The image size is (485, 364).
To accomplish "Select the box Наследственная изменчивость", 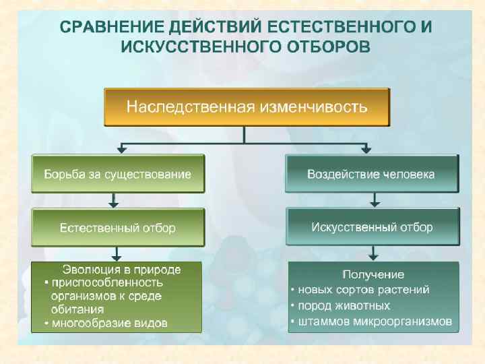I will click(x=247, y=107).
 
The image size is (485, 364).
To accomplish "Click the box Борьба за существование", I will click(x=118, y=174).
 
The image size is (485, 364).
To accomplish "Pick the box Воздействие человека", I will click(x=371, y=174).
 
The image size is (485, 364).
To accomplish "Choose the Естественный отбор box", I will click(x=118, y=228).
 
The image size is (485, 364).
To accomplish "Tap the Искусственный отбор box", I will click(x=372, y=227).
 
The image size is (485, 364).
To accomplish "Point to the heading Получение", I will click(x=373, y=274).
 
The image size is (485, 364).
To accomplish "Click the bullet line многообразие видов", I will click(x=108, y=324).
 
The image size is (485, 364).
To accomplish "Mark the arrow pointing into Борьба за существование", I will click(x=121, y=148).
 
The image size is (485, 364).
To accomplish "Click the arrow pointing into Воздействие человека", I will click(x=366, y=148).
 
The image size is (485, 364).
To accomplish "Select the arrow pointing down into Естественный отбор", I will click(x=114, y=200).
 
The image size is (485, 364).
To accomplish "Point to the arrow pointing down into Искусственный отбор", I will click(x=375, y=200).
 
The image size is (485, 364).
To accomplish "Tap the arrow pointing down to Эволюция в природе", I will click(x=117, y=254).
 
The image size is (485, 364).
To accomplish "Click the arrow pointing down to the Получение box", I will click(x=375, y=254).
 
